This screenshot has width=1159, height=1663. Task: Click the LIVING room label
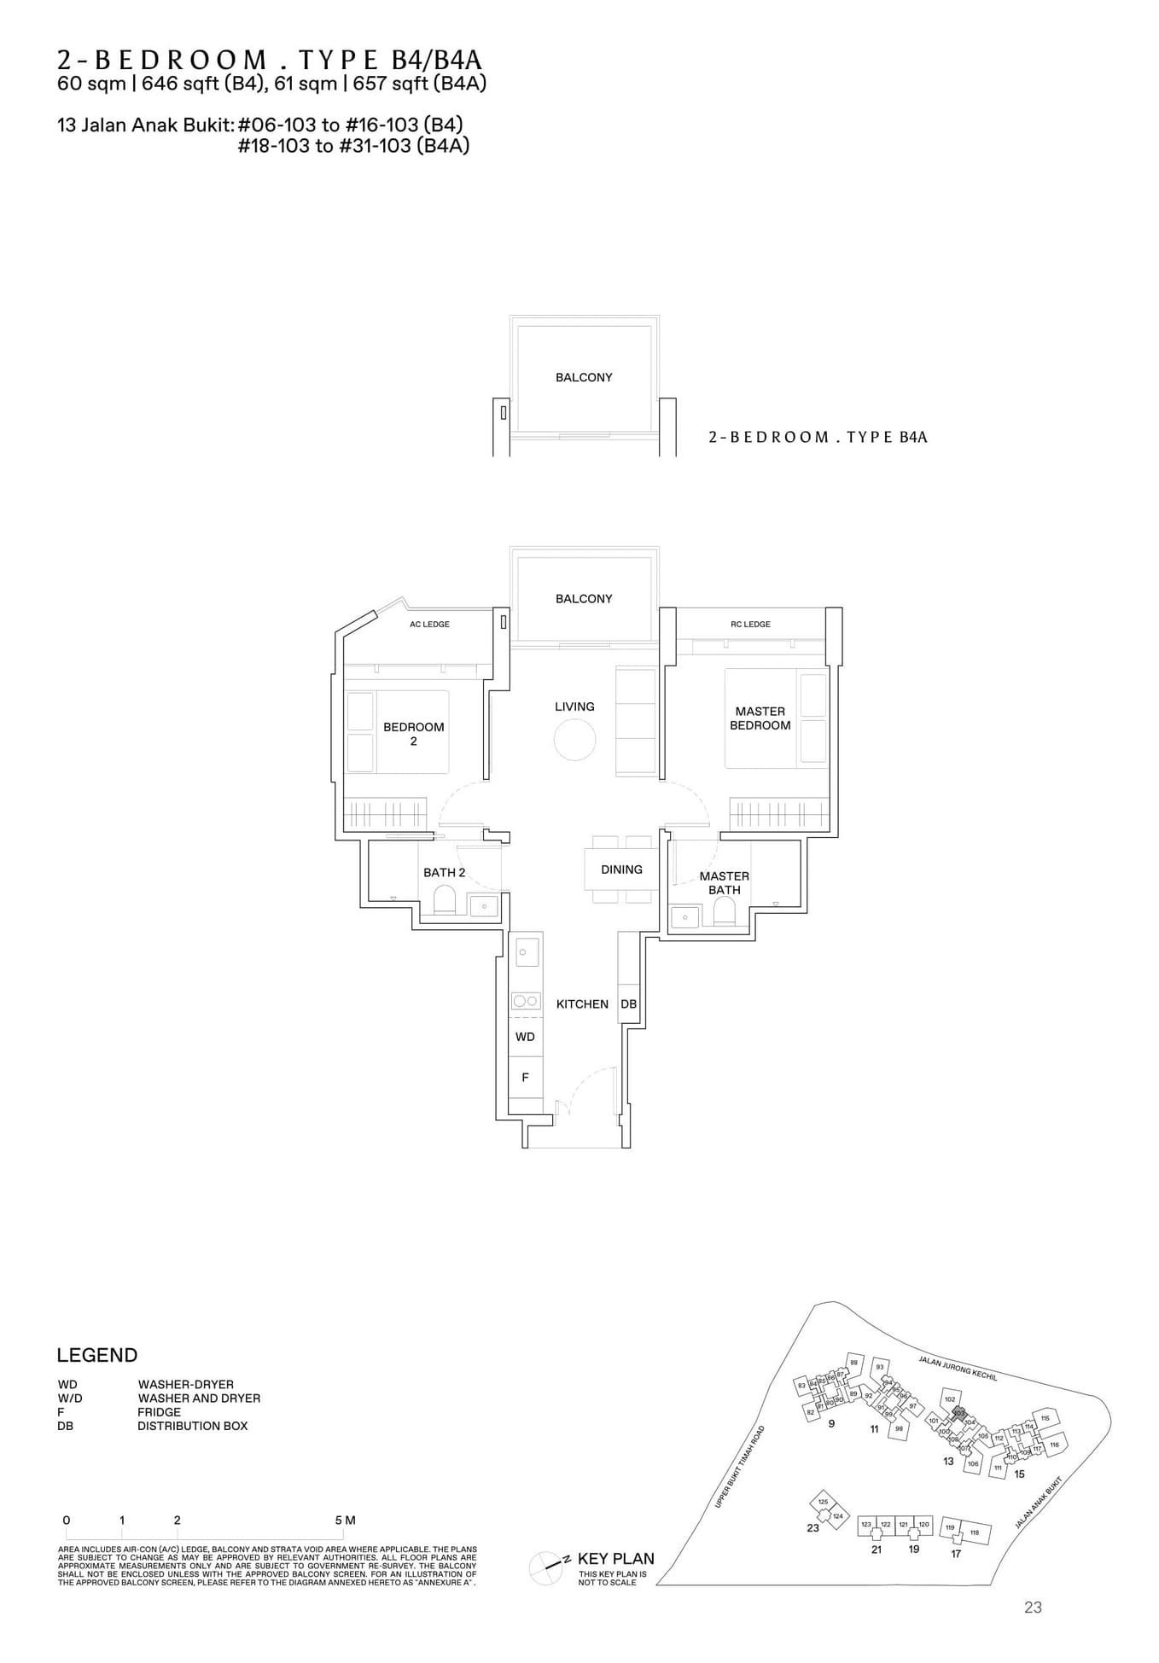click(574, 706)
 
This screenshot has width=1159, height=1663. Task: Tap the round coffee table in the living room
click(574, 740)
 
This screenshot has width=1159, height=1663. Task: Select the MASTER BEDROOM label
click(760, 718)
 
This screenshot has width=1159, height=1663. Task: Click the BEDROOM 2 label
click(413, 734)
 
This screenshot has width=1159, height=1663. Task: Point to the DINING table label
click(621, 869)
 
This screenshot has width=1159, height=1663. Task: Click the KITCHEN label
click(582, 1004)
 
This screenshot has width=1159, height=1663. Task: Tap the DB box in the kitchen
click(628, 1004)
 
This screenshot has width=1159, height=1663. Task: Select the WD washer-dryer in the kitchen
click(525, 1037)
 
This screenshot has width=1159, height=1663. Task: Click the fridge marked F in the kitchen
click(525, 1078)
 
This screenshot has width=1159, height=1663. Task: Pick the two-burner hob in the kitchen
click(525, 1001)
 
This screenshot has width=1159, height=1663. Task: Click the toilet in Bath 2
click(444, 901)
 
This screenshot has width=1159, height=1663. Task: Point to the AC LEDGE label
click(429, 625)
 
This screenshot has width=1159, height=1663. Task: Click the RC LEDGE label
click(750, 625)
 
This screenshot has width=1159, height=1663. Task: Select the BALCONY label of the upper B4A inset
click(584, 377)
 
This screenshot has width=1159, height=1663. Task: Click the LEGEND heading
click(96, 1355)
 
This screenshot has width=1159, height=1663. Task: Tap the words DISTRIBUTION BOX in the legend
click(192, 1426)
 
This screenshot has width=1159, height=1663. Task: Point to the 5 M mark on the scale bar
click(345, 1521)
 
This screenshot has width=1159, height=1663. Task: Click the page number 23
click(1033, 1608)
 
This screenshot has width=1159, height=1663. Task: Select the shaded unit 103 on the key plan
click(958, 1414)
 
